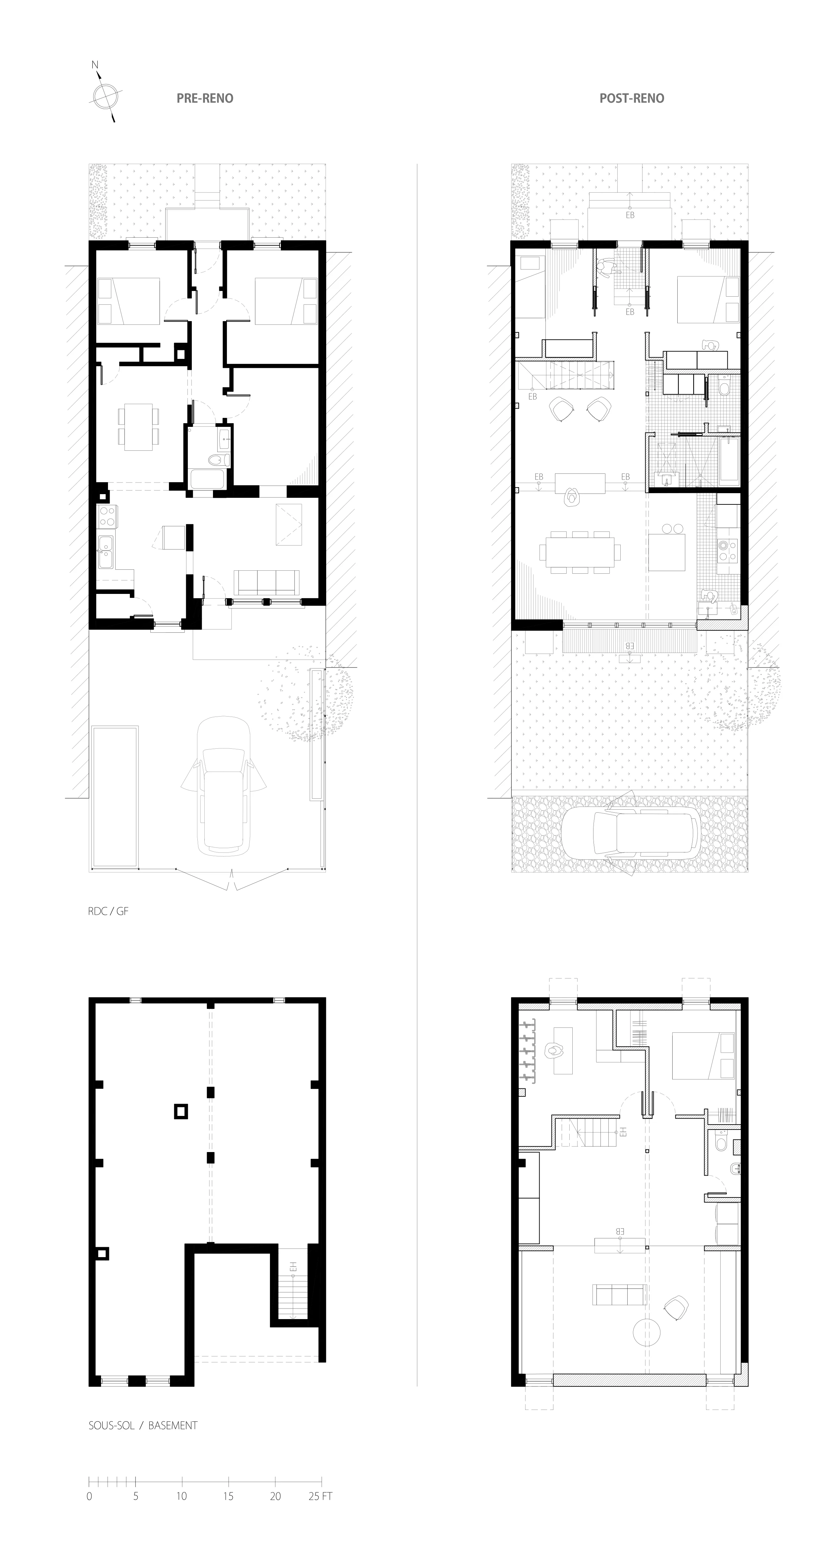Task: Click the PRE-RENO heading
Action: click(x=205, y=98)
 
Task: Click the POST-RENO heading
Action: click(x=632, y=98)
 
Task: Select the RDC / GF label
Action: click(x=108, y=911)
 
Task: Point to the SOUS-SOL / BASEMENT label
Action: click(x=143, y=1425)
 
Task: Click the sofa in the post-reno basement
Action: click(x=619, y=1295)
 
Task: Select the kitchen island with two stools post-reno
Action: click(x=671, y=551)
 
